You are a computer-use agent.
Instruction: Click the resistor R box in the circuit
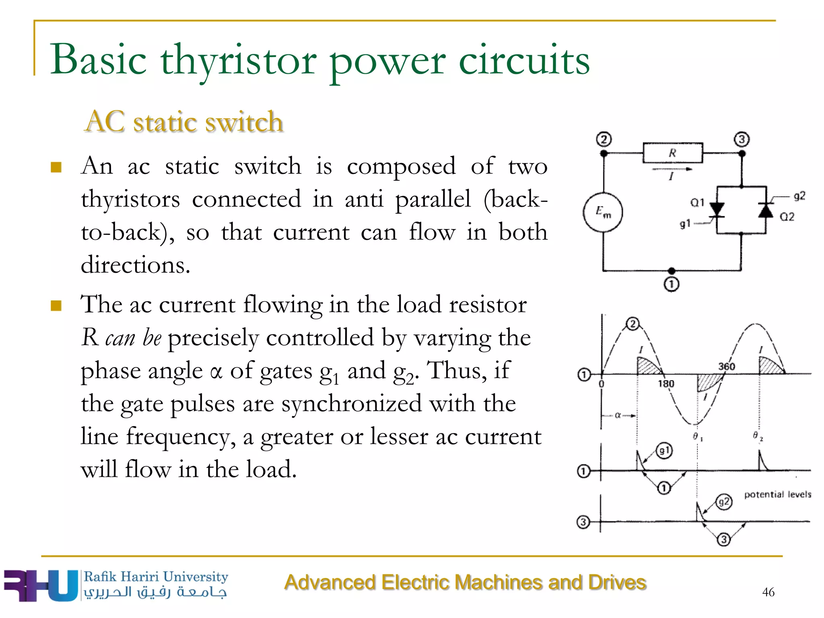pyautogui.click(x=672, y=153)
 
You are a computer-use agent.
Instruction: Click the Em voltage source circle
pyautogui.click(x=603, y=212)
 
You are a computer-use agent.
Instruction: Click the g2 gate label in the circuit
pyautogui.click(x=799, y=196)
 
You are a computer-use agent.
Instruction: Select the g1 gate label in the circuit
pyautogui.click(x=685, y=224)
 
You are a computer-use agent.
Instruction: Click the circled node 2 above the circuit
pyautogui.click(x=604, y=140)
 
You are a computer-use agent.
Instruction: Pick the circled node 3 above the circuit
pyautogui.click(x=742, y=140)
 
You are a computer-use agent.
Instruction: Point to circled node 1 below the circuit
pyautogui.click(x=671, y=284)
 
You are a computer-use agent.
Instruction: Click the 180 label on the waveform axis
pyautogui.click(x=666, y=384)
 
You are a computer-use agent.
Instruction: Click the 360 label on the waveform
pyautogui.click(x=727, y=367)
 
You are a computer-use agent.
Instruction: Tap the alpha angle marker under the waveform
pyautogui.click(x=618, y=415)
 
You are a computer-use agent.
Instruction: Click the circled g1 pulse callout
pyautogui.click(x=664, y=450)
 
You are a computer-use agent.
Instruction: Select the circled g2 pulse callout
pyautogui.click(x=724, y=502)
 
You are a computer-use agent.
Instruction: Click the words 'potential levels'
pyautogui.click(x=777, y=494)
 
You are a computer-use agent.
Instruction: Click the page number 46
pyautogui.click(x=768, y=592)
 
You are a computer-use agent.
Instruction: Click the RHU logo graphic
pyautogui.click(x=40, y=586)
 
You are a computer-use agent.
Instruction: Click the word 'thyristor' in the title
pyautogui.click(x=239, y=60)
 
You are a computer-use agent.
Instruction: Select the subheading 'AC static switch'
pyautogui.click(x=184, y=122)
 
